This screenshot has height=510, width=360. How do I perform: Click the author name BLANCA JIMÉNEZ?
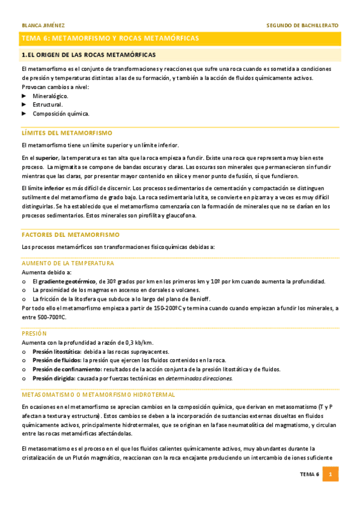point(43,25)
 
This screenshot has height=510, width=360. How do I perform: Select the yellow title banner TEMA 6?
point(180,38)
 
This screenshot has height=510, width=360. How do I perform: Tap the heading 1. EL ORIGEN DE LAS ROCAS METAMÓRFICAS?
point(88,55)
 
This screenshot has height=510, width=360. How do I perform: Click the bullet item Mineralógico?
point(50,96)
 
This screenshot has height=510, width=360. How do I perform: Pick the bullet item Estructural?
point(47,104)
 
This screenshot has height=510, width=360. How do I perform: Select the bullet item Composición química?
point(61,113)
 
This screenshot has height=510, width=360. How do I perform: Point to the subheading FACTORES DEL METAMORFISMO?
point(70,234)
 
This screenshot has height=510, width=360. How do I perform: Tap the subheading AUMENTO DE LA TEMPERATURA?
point(68,263)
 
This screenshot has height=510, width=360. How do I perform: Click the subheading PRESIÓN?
point(34,332)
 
